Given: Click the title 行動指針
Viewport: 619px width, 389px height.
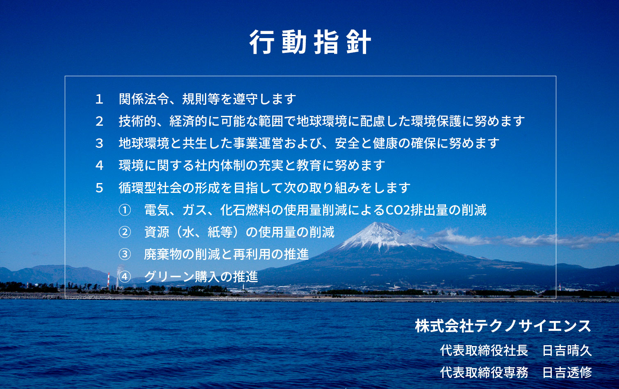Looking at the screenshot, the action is pos(310,42).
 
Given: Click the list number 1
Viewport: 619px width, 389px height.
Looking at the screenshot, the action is pos(99,99).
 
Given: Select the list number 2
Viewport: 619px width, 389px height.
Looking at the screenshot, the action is pos(99,121).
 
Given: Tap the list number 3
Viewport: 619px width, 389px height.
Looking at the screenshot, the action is pos(99,143).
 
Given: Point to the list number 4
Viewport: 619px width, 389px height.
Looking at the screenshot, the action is pos(99,165).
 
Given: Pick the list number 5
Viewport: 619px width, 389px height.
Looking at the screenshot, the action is pos(99,188).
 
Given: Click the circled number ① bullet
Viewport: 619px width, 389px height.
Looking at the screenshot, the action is pos(125,210).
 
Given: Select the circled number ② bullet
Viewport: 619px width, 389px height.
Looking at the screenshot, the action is pos(125,232).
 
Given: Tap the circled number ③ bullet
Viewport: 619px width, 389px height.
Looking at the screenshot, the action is pos(125,254).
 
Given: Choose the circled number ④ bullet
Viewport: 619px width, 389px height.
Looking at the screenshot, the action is pos(125,277).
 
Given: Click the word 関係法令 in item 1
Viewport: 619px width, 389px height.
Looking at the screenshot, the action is pos(144,99).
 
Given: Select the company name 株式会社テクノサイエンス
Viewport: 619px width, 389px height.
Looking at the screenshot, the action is pos(503,326).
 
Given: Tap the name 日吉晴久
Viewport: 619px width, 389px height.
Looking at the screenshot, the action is pos(567,351).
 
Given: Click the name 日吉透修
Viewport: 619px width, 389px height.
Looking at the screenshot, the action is pos(567,373).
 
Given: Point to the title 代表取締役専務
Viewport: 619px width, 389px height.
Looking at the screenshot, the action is pos(484,373).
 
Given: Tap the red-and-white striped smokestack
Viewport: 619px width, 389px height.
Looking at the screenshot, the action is pos(108,280).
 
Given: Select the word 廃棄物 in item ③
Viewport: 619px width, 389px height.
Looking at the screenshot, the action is pos(163,254).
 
